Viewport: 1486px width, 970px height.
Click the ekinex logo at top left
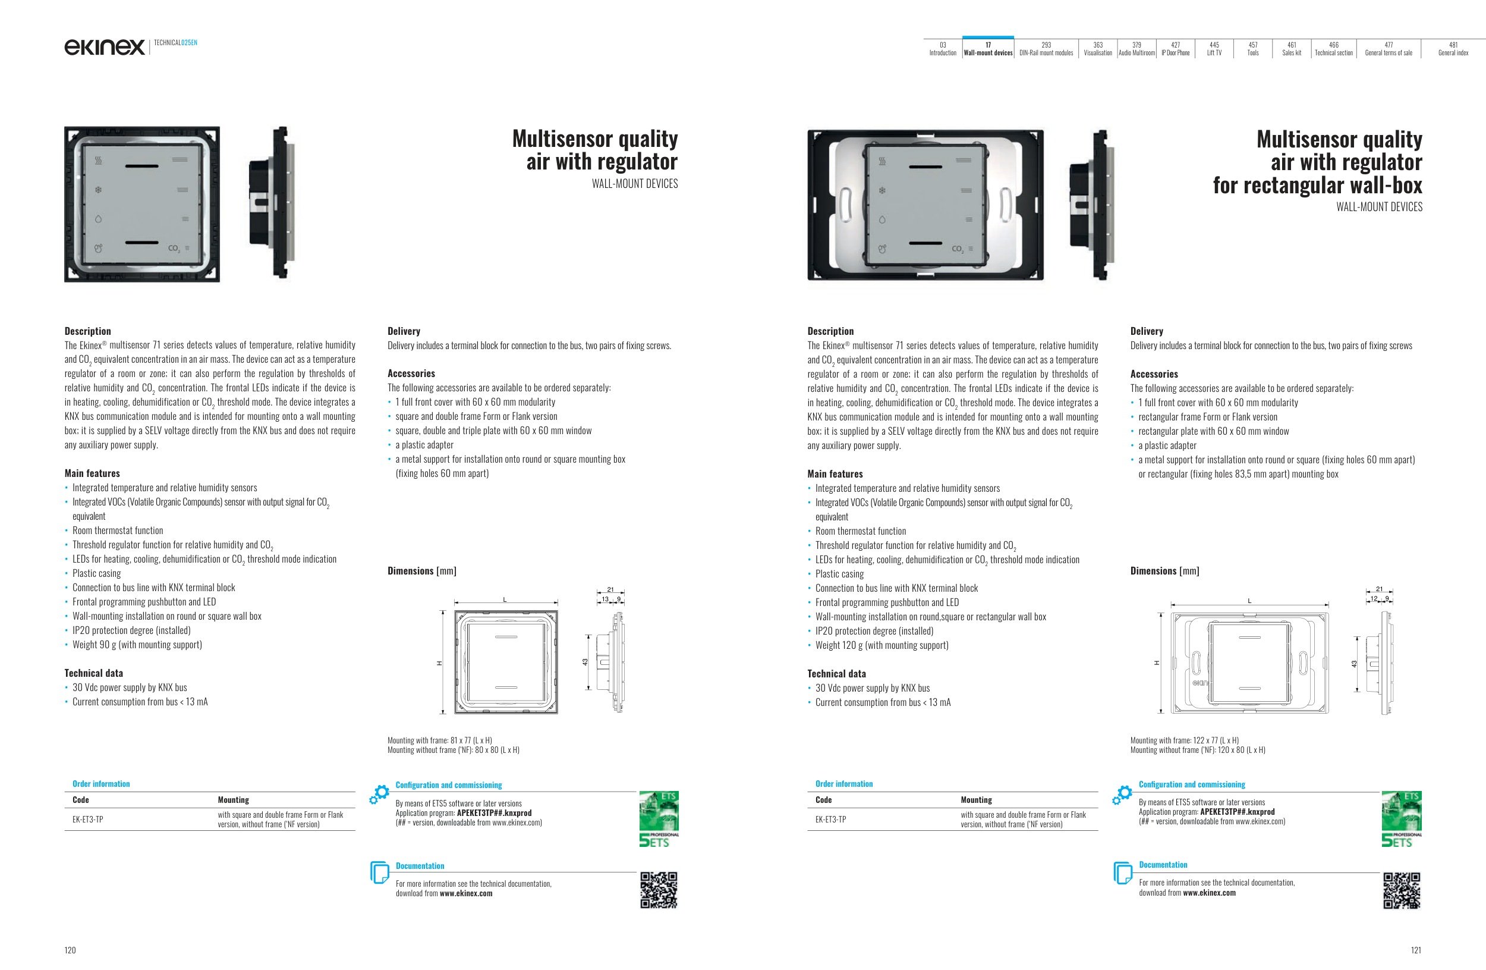(104, 47)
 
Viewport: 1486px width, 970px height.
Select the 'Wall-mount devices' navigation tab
(988, 49)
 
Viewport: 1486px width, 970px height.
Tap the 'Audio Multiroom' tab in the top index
(1136, 49)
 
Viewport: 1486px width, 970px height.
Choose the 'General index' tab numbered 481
(1453, 49)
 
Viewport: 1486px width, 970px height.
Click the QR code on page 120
(659, 890)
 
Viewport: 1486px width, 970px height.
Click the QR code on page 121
(1402, 890)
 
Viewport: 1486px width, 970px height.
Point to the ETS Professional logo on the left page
(659, 819)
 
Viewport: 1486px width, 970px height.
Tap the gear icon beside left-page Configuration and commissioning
(379, 794)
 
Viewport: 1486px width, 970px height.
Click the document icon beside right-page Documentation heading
(1123, 872)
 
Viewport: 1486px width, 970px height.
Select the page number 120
(70, 950)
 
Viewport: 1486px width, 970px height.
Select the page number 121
(1415, 950)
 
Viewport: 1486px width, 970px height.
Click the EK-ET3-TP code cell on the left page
(88, 820)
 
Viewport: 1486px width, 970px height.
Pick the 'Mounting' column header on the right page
(976, 799)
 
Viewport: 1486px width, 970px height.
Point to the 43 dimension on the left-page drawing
(585, 662)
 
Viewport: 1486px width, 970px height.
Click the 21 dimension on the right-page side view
(1379, 589)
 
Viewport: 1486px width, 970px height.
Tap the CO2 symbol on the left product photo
(174, 249)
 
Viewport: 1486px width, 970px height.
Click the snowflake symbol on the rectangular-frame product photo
(881, 190)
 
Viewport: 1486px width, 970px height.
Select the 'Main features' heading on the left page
(92, 473)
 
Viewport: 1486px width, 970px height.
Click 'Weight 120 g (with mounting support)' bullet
(881, 645)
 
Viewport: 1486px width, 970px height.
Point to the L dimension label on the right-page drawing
(1249, 601)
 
